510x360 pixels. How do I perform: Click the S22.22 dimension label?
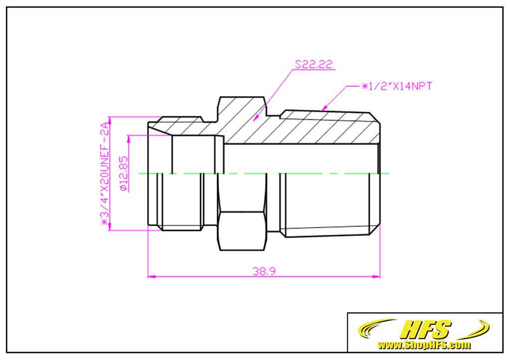[314, 65]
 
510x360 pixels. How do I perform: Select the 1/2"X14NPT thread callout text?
[396, 86]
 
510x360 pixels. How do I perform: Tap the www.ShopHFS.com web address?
[424, 345]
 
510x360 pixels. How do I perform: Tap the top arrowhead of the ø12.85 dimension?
[129, 138]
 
